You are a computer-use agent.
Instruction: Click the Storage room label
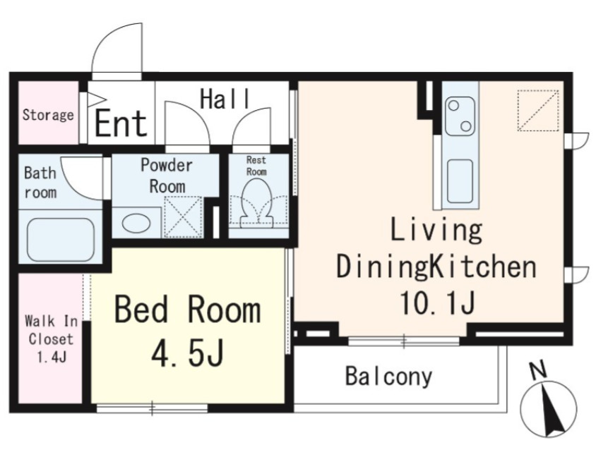(x=48, y=115)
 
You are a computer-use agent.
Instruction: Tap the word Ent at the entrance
(x=121, y=123)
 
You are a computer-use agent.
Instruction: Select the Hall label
(x=225, y=99)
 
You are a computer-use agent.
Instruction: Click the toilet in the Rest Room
(x=257, y=201)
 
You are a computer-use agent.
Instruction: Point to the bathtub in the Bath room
(x=60, y=240)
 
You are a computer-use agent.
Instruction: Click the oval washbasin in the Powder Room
(x=136, y=222)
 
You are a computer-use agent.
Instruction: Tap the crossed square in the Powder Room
(x=183, y=217)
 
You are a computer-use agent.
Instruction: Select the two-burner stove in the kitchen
(x=460, y=116)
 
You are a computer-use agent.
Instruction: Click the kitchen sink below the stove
(x=460, y=181)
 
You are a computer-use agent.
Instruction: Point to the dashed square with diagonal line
(x=538, y=111)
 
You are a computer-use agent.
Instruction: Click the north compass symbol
(x=548, y=408)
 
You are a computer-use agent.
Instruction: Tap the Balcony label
(x=389, y=376)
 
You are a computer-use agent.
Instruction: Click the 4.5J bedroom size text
(x=187, y=353)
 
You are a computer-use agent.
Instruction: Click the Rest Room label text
(x=256, y=166)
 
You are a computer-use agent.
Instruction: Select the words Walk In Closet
(x=51, y=330)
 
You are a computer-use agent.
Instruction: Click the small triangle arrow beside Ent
(x=97, y=100)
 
